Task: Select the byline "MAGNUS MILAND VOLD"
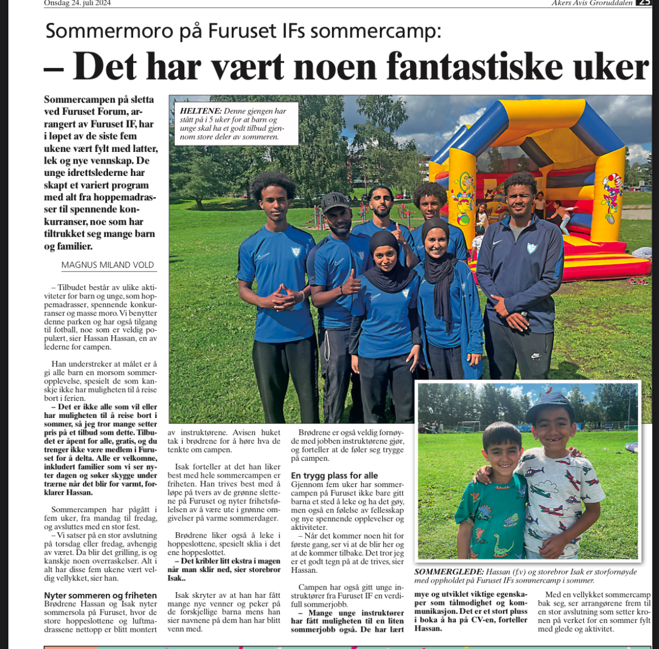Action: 108,265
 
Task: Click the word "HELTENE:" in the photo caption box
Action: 201,111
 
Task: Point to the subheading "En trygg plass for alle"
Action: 334,475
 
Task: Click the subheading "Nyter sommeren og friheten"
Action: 100,596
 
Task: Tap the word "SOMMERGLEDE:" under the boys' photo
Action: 448,572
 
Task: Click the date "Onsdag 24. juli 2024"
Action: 77,3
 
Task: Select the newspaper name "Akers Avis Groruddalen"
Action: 592,3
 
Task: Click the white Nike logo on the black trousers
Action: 535,356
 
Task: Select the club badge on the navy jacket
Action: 532,248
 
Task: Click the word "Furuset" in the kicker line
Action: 241,31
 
